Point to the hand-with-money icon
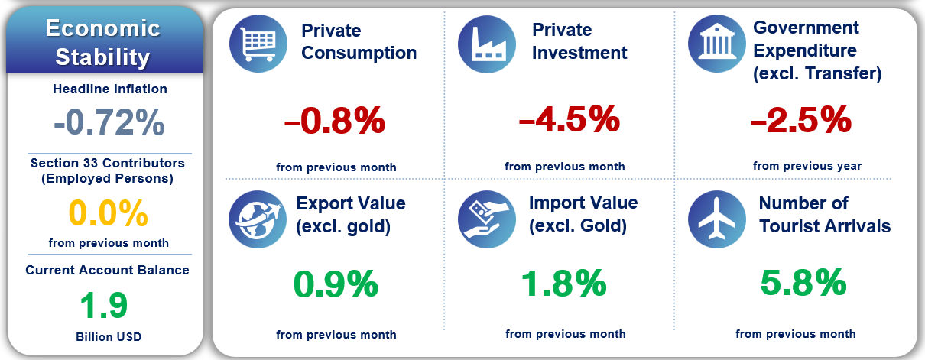[x=486, y=217]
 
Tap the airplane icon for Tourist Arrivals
[x=716, y=217]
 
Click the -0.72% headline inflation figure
[x=109, y=122]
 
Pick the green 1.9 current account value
[x=106, y=305]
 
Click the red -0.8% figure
[x=334, y=122]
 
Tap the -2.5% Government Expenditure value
[x=800, y=119]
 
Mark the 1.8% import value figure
[x=564, y=284]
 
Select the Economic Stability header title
[x=102, y=42]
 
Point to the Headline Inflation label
[x=109, y=89]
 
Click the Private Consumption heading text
[x=359, y=42]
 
